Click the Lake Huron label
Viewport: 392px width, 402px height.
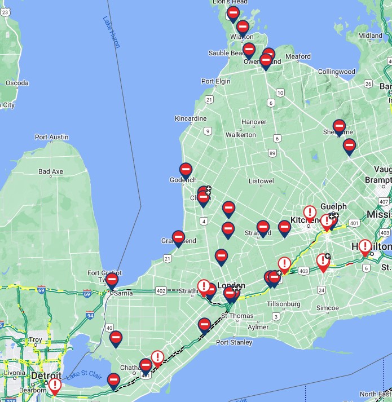[111, 32]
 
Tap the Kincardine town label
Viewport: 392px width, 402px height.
[191, 118]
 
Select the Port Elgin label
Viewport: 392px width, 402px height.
[215, 81]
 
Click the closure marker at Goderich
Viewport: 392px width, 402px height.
[186, 169]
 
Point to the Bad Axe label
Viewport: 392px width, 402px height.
[51, 171]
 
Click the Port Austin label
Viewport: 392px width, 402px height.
[51, 137]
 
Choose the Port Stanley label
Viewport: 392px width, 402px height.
[234, 342]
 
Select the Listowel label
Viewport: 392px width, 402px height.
[261, 182]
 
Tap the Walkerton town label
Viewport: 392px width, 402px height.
[241, 135]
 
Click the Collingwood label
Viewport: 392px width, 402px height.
[337, 72]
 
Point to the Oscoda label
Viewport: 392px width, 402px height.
[17, 83]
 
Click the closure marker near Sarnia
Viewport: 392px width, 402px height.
[112, 280]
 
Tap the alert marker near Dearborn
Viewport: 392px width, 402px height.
[55, 385]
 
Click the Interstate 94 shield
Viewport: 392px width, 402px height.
[90, 315]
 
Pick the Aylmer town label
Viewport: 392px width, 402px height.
[258, 327]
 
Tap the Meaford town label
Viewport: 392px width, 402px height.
[298, 56]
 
